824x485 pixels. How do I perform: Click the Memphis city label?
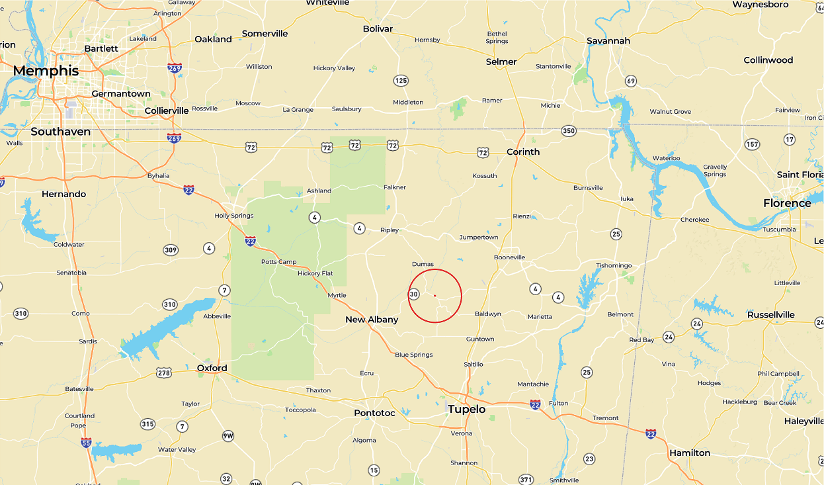tap(46, 71)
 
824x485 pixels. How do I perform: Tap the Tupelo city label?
tap(467, 410)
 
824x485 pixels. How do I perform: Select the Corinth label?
tap(523, 152)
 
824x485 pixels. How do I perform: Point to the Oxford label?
tap(212, 369)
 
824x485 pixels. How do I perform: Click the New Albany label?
tap(372, 320)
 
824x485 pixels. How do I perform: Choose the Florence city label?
tap(787, 203)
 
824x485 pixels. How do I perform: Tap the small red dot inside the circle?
tap(434, 295)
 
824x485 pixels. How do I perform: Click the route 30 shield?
tap(414, 294)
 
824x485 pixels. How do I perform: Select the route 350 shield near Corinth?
tap(569, 131)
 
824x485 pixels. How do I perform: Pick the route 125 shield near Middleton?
tap(401, 81)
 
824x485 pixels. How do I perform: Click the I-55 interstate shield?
tap(86, 443)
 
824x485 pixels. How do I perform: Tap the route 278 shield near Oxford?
tap(164, 373)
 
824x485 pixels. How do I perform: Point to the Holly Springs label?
tap(234, 216)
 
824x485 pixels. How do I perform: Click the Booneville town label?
tap(509, 257)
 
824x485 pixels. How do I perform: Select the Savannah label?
tap(608, 41)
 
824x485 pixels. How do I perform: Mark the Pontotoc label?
tap(374, 413)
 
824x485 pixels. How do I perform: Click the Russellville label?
tap(770, 315)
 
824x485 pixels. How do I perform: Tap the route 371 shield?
tap(526, 480)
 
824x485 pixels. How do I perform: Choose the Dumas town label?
tap(423, 264)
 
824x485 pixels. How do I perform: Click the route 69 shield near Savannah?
tap(631, 81)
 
